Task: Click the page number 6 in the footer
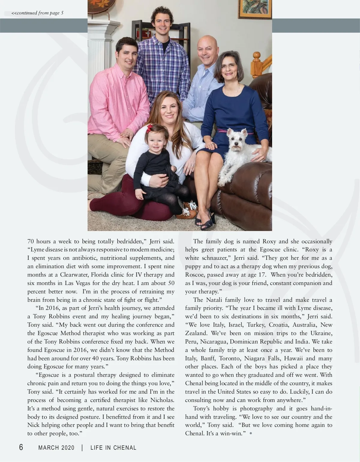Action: click(x=21, y=447)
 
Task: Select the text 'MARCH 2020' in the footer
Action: click(x=56, y=448)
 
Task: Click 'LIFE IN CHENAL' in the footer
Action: click(x=113, y=448)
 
